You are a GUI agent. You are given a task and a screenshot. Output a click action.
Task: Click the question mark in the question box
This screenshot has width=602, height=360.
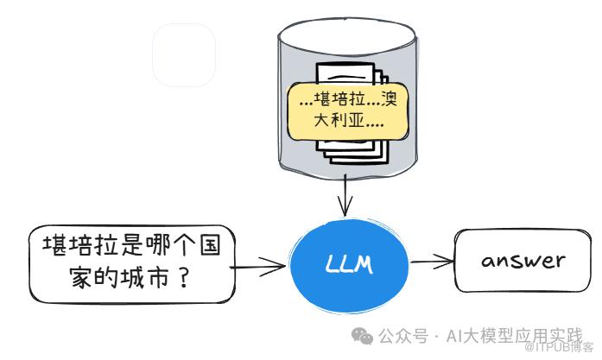[x=183, y=281]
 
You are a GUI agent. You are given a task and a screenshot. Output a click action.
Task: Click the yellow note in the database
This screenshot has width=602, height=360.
[x=347, y=111]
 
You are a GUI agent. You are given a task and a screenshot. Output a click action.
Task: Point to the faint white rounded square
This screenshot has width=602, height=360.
[x=184, y=55]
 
